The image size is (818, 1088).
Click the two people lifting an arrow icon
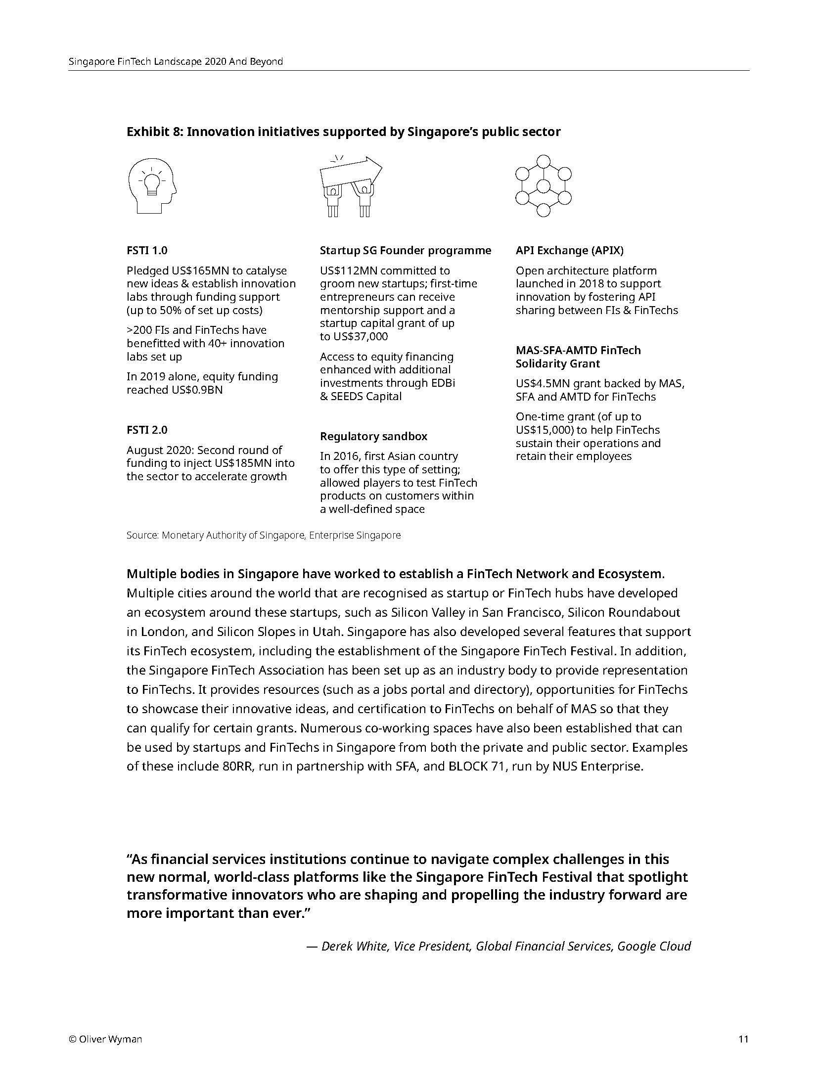click(x=350, y=186)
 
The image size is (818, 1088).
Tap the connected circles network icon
click(x=543, y=186)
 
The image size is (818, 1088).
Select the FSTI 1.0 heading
click(x=147, y=250)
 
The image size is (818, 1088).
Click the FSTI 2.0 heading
click(x=147, y=430)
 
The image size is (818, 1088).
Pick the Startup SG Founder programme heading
click(x=405, y=250)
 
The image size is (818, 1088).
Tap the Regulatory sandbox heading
click(x=373, y=436)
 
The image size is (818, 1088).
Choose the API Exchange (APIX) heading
click(x=569, y=250)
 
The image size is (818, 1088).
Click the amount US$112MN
click(x=349, y=271)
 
